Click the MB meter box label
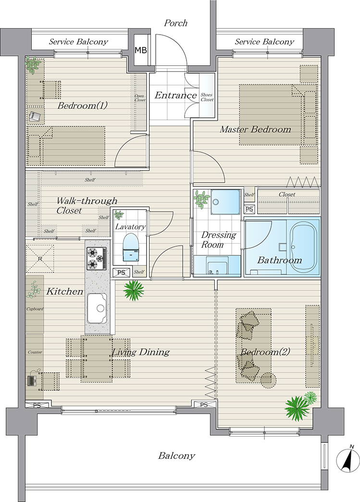tap(141, 50)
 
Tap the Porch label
tap(176, 23)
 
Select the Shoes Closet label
tap(207, 97)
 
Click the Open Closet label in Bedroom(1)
tap(139, 98)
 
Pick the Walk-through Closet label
tap(87, 205)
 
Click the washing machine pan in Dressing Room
tap(225, 202)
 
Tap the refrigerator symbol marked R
tap(40, 258)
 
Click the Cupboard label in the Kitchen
tap(35, 309)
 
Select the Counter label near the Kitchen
tap(35, 352)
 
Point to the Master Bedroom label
tap(255, 130)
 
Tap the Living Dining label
tap(140, 352)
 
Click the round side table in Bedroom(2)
tap(268, 380)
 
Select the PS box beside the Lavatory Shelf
tap(121, 273)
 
